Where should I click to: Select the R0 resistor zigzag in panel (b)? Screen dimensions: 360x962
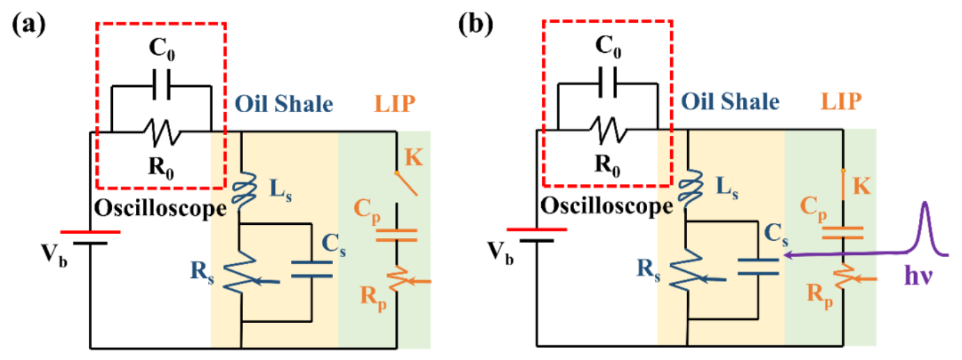[x=609, y=130]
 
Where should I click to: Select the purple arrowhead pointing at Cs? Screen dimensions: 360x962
[x=789, y=256]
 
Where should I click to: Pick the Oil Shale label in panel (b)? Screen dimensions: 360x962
[x=729, y=102]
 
